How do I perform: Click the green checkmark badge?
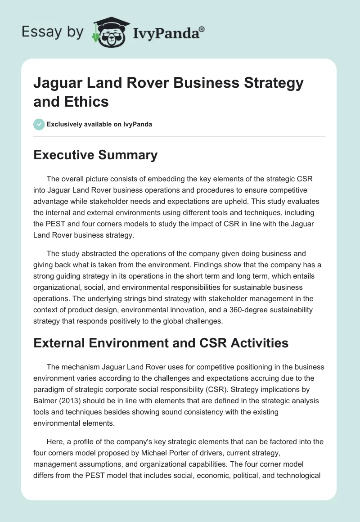(x=39, y=124)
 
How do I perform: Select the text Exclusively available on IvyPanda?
(x=99, y=124)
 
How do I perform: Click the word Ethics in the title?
(x=86, y=102)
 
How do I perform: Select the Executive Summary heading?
(x=95, y=155)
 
